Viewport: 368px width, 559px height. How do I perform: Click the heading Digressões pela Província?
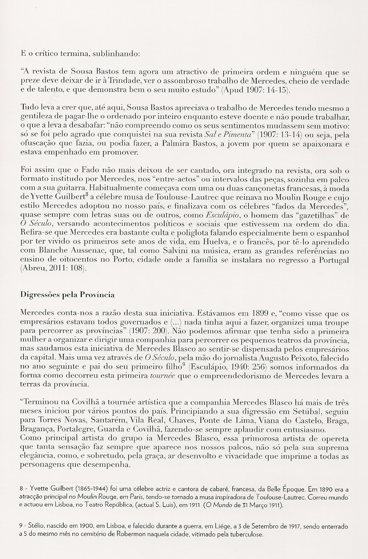click(x=68, y=295)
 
